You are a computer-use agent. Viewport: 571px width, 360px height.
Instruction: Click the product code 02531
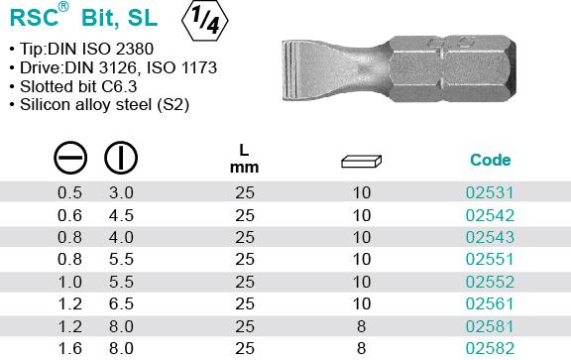pos(490,192)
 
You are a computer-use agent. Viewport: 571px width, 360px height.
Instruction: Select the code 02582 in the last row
pos(490,348)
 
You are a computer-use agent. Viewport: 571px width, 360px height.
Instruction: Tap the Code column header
pos(490,160)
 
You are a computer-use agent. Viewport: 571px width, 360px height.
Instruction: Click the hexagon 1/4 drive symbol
pos(204,21)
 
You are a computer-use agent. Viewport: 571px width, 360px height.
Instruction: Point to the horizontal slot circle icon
pos(70,158)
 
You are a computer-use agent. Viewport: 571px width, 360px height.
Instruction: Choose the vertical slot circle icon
pos(121,158)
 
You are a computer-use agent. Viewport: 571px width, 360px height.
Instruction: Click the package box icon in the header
pos(361,162)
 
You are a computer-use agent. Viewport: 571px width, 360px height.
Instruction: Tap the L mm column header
pos(244,159)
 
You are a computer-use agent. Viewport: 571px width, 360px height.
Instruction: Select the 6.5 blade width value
pos(121,303)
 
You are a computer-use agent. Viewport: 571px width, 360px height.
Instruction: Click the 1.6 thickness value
pos(70,348)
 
